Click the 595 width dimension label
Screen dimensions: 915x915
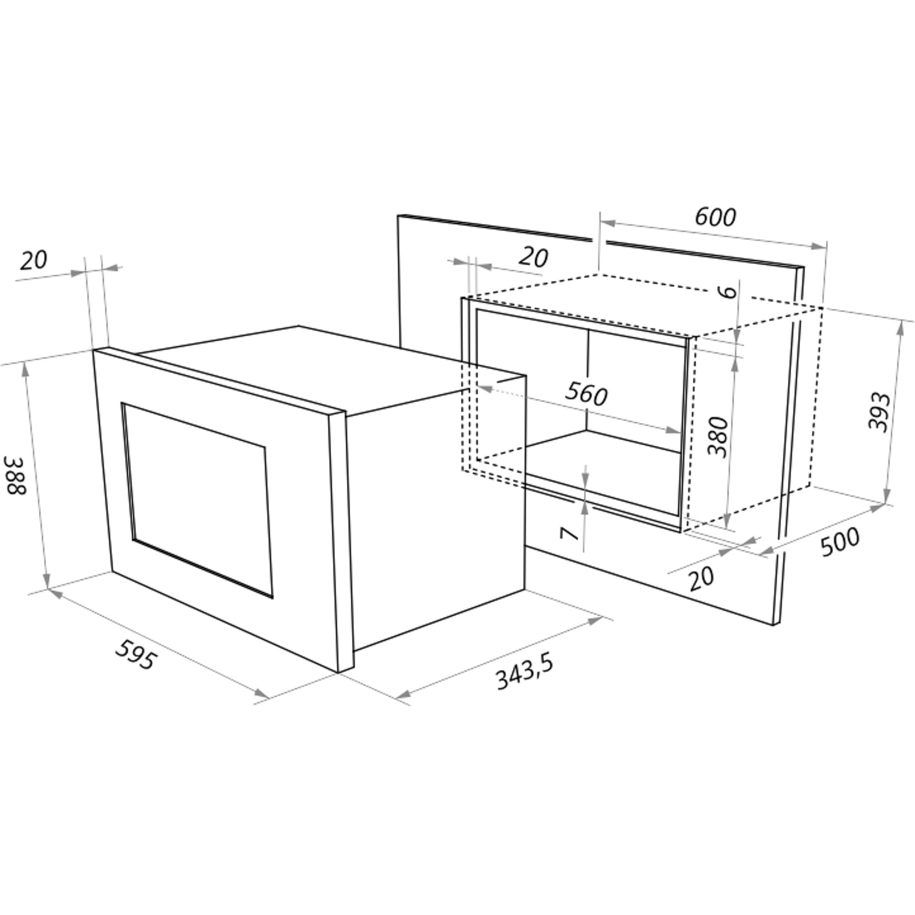coord(135,655)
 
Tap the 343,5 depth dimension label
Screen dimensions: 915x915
coord(525,673)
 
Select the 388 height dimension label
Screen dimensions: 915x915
coord(16,475)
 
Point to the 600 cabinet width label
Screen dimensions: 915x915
coord(715,217)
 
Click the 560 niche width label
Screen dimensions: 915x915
coord(587,393)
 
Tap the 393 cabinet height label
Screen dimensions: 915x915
coord(878,411)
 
